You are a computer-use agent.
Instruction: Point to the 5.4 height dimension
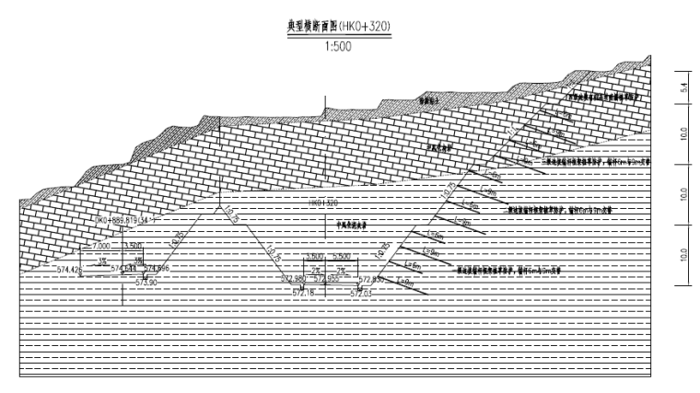[683, 87]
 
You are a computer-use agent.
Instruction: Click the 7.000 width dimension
[99, 248]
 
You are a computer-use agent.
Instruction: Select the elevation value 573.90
[147, 283]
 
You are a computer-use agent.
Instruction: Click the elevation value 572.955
[326, 279]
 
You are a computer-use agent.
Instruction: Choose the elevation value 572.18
[303, 292]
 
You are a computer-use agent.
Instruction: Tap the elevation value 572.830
[372, 279]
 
